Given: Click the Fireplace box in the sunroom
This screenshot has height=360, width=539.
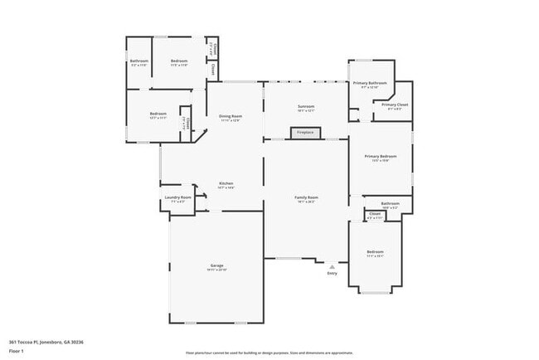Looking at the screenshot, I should point(305,132).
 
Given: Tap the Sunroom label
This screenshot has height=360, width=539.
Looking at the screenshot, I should point(306,107).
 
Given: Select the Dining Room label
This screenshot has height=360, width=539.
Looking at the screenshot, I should point(231,116).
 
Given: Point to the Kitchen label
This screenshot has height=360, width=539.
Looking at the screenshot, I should point(226,183).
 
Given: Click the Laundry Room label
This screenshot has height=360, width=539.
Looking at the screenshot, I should point(178,197).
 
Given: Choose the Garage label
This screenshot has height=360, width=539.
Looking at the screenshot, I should point(216,265).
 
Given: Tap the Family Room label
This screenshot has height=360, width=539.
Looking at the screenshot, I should point(307,197).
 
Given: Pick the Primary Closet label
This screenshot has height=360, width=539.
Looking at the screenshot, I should point(395,105).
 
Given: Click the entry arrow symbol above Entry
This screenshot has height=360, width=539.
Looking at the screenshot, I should point(332,266).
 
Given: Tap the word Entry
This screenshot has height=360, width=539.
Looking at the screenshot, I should point(332,273).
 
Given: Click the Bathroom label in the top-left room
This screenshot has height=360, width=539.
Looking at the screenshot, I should point(138,61).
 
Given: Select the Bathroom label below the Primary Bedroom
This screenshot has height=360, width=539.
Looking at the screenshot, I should point(391,203).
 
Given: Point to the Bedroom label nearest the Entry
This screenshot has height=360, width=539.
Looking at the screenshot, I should point(376,251).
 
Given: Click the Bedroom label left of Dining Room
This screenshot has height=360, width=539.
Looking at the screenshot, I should point(158,114).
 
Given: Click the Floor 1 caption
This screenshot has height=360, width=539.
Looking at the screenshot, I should point(17,351).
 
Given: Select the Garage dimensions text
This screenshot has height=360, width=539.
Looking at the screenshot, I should point(216,270).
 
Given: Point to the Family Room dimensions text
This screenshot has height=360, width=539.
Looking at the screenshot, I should point(307,202).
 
